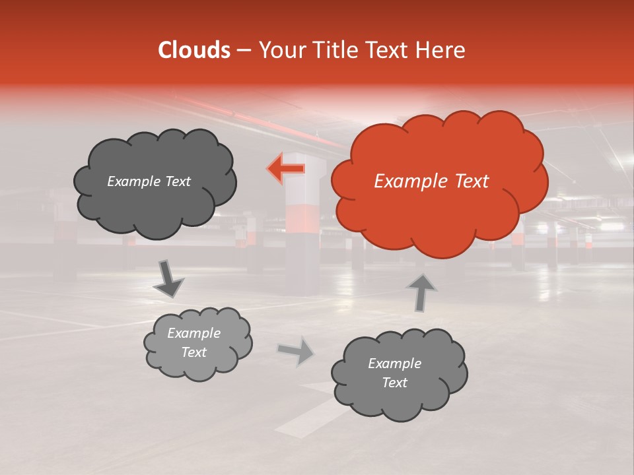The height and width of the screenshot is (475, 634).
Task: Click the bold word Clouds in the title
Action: point(194,50)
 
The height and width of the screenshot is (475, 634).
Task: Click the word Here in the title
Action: point(442,50)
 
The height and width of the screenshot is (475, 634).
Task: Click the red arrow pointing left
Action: point(286,169)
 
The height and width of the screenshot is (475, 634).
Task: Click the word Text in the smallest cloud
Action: point(194,352)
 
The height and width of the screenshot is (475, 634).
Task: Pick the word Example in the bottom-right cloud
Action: point(394,364)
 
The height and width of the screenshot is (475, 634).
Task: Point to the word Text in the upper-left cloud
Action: point(177,181)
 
